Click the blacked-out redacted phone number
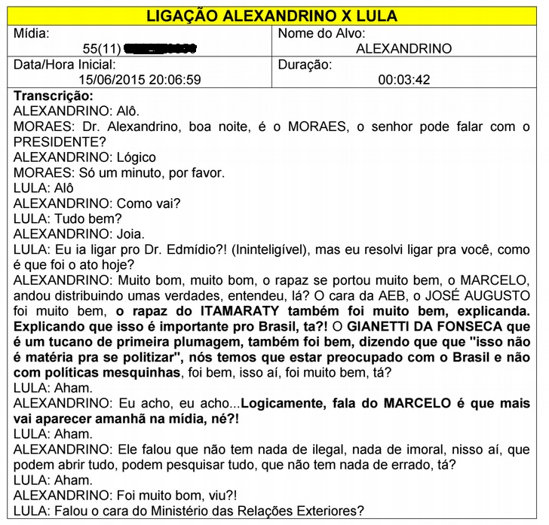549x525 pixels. click(x=159, y=49)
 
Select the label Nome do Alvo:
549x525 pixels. click(x=322, y=34)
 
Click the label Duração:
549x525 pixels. click(x=305, y=65)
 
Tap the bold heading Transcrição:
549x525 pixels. click(x=54, y=96)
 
